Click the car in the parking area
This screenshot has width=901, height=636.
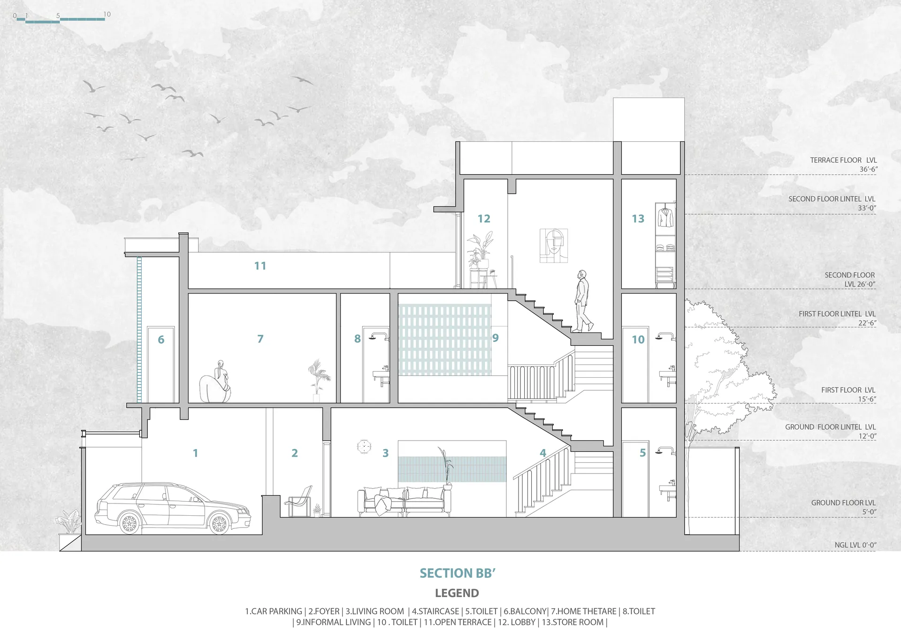click(x=173, y=508)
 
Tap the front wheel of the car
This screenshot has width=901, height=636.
click(x=219, y=523)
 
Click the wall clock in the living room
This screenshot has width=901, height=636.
click(x=364, y=446)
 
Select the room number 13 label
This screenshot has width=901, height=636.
click(x=638, y=218)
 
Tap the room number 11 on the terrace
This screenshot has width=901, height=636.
click(x=260, y=266)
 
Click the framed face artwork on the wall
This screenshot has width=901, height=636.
click(x=554, y=245)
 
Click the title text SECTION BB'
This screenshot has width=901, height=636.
click(x=458, y=573)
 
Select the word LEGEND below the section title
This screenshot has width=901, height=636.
click(x=457, y=593)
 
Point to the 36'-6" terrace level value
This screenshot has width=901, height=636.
click(x=868, y=169)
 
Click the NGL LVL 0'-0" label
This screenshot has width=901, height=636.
click(x=855, y=545)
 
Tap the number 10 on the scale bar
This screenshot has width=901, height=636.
click(x=107, y=14)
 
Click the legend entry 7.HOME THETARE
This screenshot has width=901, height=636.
click(x=584, y=611)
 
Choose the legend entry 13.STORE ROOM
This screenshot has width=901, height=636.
click(x=573, y=622)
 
